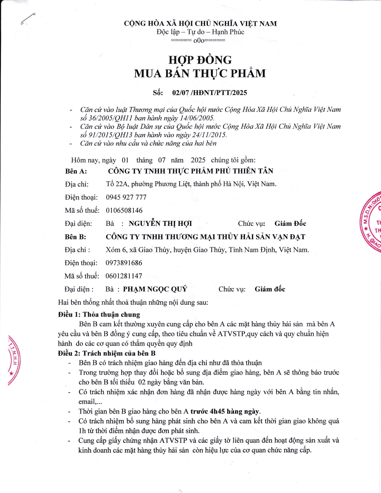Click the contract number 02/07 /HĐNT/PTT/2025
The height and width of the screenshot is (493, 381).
pyautogui.click(x=209, y=93)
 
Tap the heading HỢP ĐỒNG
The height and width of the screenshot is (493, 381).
pyautogui.click(x=200, y=60)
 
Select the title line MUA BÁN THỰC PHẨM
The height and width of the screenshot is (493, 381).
pyautogui.click(x=200, y=74)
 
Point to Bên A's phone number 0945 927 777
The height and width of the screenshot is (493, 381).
pyautogui.click(x=126, y=197)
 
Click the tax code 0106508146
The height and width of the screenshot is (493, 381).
pyautogui.click(x=124, y=210)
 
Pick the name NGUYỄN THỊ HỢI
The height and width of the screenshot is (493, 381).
pyautogui.click(x=160, y=223)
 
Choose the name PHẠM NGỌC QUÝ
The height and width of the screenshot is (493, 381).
pyautogui.click(x=155, y=289)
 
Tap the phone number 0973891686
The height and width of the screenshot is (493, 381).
pyautogui.click(x=124, y=263)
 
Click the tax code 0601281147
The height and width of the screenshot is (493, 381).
pyautogui.click(x=124, y=276)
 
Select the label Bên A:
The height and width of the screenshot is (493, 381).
pyautogui.click(x=76, y=171)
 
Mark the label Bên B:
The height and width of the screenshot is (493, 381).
pyautogui.click(x=75, y=237)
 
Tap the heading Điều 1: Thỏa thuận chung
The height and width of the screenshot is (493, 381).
pyautogui.click(x=99, y=314)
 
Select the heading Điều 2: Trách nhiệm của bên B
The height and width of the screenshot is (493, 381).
pyautogui.click(x=107, y=353)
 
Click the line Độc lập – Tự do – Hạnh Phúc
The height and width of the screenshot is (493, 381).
pyautogui.click(x=200, y=32)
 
